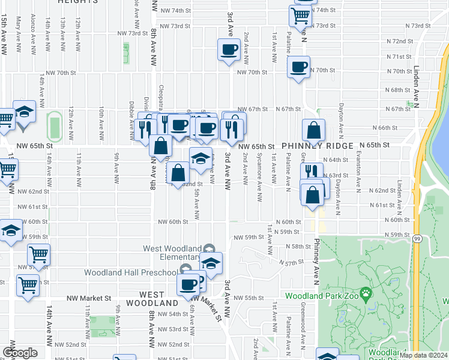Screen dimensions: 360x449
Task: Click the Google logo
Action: (x=20, y=353)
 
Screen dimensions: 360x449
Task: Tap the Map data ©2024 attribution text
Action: (x=423, y=355)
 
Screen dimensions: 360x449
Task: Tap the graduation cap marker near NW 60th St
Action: (x=10, y=231)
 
